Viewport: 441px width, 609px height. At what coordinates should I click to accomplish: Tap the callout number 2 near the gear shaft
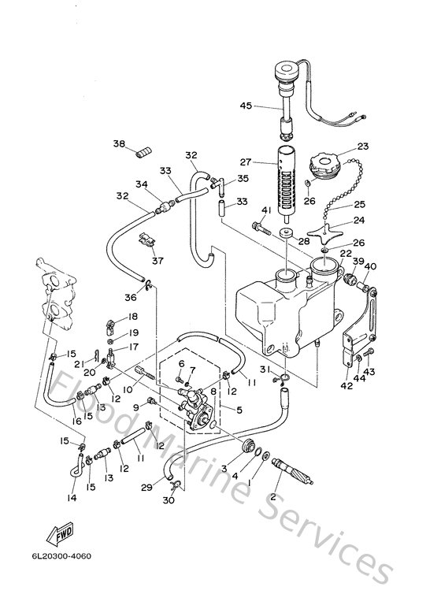(x=274, y=497)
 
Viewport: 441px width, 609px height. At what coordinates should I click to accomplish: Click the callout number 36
(x=132, y=296)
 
